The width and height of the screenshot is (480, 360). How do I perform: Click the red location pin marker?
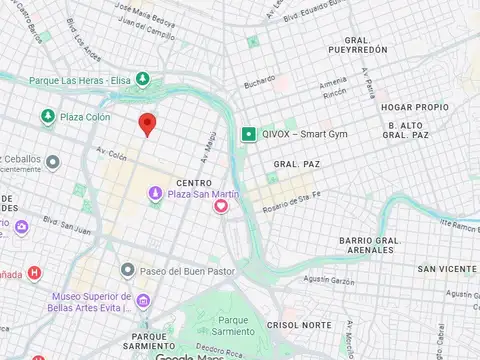[147, 124]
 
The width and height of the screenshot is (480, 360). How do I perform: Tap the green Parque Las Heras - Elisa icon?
[143, 79]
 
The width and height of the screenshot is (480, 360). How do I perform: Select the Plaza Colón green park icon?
[47, 117]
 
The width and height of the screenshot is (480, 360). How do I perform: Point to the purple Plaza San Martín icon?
[155, 193]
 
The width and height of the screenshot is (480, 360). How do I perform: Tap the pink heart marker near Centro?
[221, 206]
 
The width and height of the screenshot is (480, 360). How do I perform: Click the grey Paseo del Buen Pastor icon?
[127, 270]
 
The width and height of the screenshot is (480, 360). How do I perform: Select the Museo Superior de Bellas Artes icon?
[143, 302]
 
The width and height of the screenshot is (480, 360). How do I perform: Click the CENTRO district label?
[194, 182]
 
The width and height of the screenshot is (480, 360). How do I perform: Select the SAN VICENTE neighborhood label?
[448, 269]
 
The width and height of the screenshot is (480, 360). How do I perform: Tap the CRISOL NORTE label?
[299, 325]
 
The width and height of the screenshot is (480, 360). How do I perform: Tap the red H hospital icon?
[35, 272]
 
